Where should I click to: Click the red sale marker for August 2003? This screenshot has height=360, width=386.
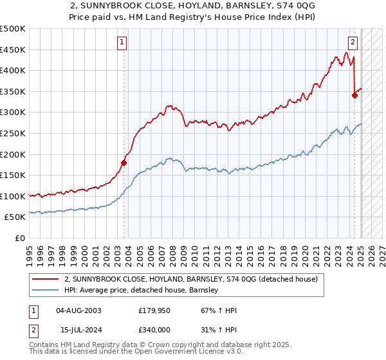point(124,163)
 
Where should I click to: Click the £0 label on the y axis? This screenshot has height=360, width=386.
point(19,238)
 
